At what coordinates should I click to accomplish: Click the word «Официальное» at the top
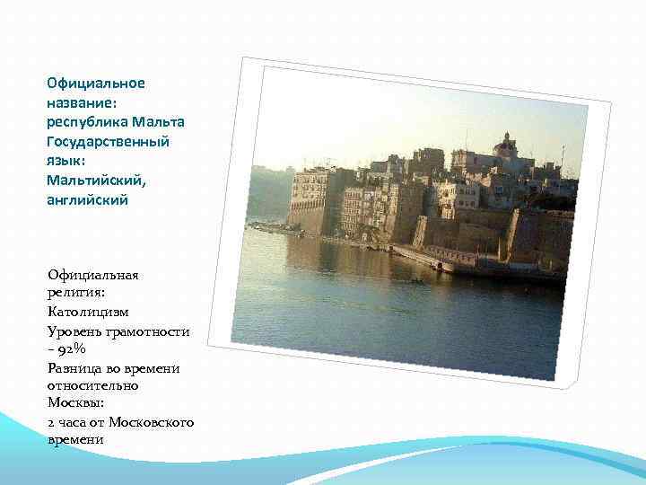[96, 84]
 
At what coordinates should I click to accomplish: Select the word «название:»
[78, 103]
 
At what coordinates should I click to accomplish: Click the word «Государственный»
[108, 142]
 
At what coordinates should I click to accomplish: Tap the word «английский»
[88, 200]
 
